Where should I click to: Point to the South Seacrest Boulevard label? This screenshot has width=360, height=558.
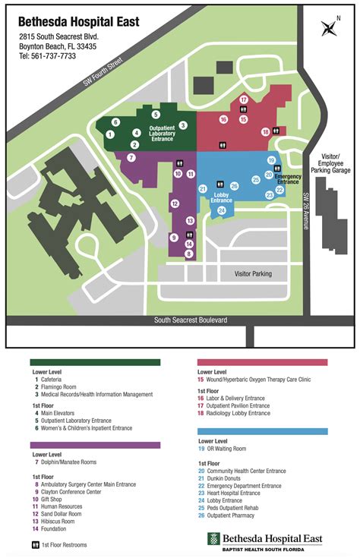(191, 320)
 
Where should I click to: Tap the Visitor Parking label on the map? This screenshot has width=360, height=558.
(252, 273)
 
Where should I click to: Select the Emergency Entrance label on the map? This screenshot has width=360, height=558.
(288, 179)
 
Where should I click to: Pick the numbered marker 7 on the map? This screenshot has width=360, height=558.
(131, 158)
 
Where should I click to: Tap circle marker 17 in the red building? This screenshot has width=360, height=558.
(243, 99)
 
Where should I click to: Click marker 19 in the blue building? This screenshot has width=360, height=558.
(271, 160)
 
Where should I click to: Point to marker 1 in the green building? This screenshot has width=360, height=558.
(110, 134)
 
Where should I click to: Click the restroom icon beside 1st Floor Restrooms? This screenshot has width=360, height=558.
(35, 545)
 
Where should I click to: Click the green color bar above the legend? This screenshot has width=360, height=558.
(95, 362)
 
